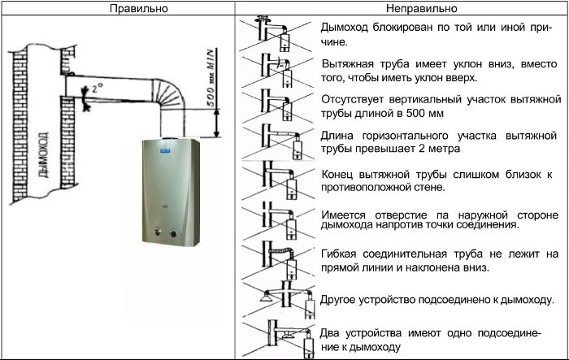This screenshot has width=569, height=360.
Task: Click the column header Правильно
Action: pyautogui.click(x=119, y=7)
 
